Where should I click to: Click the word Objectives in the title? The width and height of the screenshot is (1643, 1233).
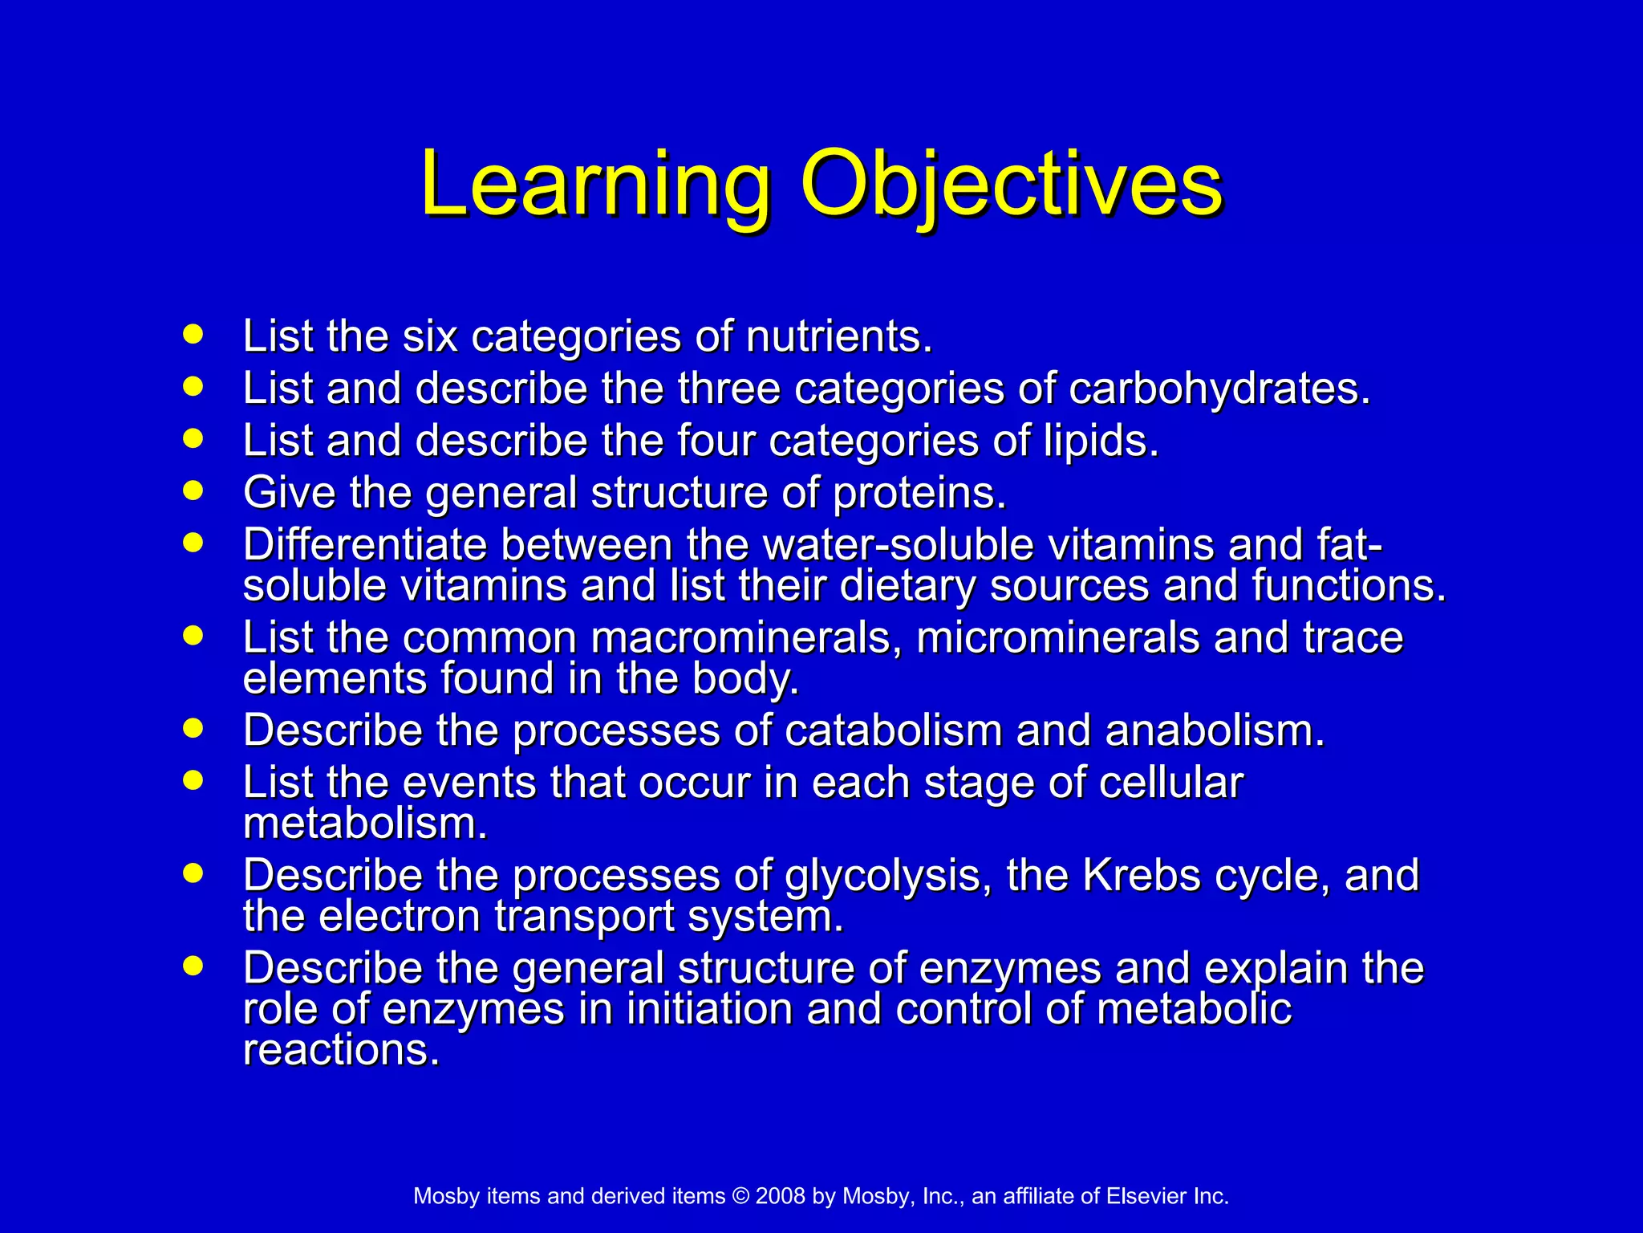click(1012, 186)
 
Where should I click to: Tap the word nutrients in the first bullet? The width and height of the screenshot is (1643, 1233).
click(838, 336)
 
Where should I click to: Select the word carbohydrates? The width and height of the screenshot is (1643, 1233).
click(1219, 389)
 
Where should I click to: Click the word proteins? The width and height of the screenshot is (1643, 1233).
click(919, 493)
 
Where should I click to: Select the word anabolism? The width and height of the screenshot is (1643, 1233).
click(1215, 731)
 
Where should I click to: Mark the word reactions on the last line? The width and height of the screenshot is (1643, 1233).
click(341, 1050)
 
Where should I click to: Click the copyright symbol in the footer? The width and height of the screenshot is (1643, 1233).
click(740, 1197)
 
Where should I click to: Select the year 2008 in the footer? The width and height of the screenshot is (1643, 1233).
click(780, 1197)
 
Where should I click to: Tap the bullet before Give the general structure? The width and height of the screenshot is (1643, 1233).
click(193, 490)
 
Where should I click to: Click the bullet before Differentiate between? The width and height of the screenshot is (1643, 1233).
click(193, 543)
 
